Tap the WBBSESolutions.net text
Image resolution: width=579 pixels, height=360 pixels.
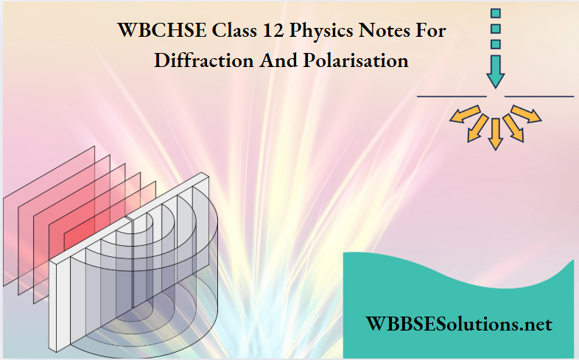(x=458, y=323)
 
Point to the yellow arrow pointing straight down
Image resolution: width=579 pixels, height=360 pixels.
(x=496, y=133)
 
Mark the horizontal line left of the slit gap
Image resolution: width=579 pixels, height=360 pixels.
(x=452, y=96)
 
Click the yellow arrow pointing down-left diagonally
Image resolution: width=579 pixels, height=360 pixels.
(x=476, y=127)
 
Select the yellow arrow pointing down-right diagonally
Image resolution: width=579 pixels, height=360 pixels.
(x=514, y=127)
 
